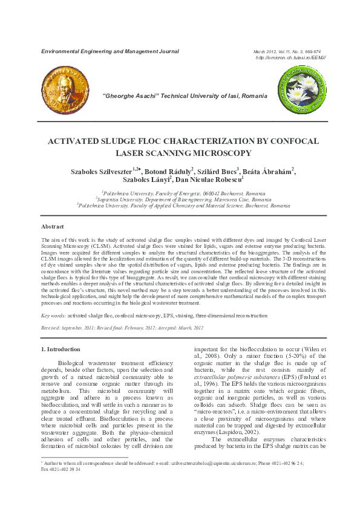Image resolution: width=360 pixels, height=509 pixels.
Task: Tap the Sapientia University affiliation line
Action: (x=180, y=198)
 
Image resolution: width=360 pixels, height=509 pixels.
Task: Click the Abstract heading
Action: (x=52, y=226)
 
